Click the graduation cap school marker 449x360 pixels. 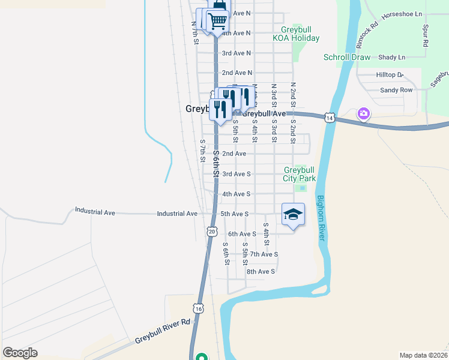click(293, 215)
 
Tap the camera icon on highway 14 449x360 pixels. click(364, 113)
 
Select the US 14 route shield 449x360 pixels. click(329, 118)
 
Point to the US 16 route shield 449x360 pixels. click(199, 308)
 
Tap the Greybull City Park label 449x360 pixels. click(299, 174)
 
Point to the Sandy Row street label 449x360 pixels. click(396, 90)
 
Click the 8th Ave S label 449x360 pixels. click(261, 271)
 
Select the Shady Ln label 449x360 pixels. click(392, 58)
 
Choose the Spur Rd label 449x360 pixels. click(425, 36)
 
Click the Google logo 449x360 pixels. click(20, 353)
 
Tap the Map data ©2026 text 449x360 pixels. click(423, 355)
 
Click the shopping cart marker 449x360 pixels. click(217, 20)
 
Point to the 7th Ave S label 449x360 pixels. click(264, 254)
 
